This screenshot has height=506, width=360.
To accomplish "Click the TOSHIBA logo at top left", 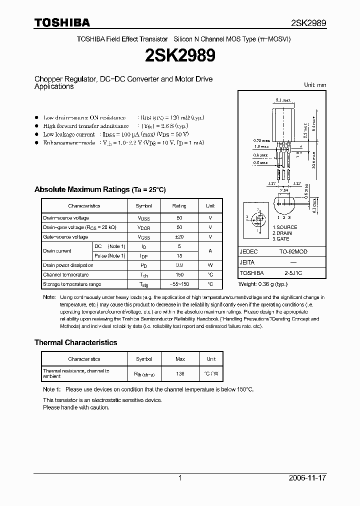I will tap(62, 22).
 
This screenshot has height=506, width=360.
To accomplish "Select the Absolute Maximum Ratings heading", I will tap(99, 190).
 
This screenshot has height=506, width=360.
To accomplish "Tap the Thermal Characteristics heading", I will tap(75, 342).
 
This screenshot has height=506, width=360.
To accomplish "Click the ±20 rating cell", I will tap(180, 237).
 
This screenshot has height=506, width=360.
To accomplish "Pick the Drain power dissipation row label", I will tap(68, 265).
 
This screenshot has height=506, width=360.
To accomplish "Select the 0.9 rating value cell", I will tap(180, 265).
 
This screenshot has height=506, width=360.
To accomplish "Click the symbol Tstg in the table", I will tap(144, 284).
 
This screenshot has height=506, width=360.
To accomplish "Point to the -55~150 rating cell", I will tap(180, 284).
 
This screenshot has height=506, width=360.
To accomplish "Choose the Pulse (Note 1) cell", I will tap(110, 256).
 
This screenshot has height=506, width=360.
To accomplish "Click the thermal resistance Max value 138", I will tap(180, 373).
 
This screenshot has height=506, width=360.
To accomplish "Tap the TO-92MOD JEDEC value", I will tap(294, 252).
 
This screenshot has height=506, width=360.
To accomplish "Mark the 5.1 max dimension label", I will tap(282, 100).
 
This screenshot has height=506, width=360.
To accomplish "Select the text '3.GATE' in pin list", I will tap(281, 239).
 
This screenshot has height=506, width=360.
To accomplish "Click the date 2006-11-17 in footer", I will tap(307, 478).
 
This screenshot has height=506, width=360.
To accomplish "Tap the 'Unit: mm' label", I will tap(315, 85).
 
